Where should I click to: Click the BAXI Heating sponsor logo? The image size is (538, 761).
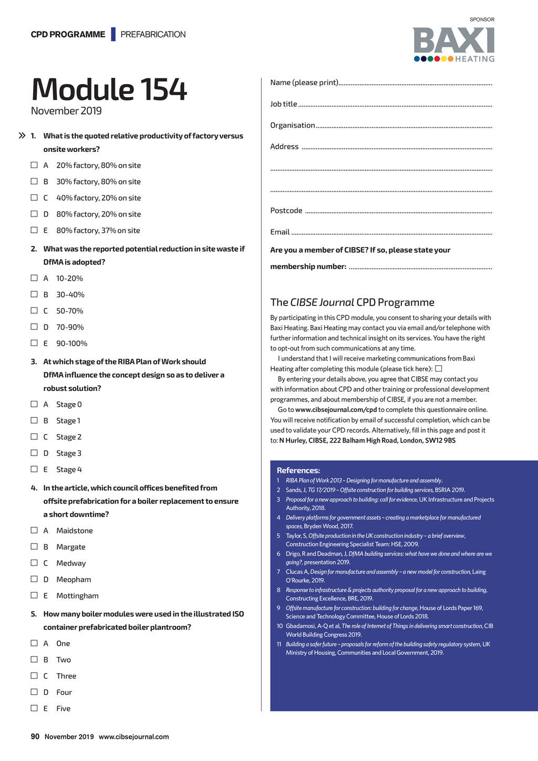pos(454,45)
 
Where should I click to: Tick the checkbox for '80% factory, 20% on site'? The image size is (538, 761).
pos(34,214)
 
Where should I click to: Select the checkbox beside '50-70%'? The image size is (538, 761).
pos(34,311)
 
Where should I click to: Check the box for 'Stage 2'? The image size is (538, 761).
pos(34,437)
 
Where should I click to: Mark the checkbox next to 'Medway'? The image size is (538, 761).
pos(34,563)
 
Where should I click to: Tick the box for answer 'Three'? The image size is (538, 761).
pos(34,676)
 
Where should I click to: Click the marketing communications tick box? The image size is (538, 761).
pos(439,368)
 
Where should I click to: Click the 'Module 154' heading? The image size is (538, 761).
pos(109,89)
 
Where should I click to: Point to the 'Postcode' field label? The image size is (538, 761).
pos(286,211)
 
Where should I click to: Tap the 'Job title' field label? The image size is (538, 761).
pos(284,104)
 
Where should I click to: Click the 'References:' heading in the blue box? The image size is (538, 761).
pos(298,470)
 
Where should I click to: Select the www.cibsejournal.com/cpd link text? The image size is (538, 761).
pos(336,410)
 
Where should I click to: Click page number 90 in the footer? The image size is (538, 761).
pos(35,736)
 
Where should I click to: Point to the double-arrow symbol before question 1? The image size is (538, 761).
pos(22,136)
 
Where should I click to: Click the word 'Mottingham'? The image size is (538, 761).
pos(77,595)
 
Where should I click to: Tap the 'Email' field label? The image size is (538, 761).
pos(280,232)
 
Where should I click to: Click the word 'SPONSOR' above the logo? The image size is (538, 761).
pos(482,19)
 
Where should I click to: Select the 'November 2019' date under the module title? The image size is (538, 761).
pos(66,111)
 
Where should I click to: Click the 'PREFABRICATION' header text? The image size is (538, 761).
pos(153,35)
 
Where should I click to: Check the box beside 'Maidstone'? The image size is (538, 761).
pos(34,530)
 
